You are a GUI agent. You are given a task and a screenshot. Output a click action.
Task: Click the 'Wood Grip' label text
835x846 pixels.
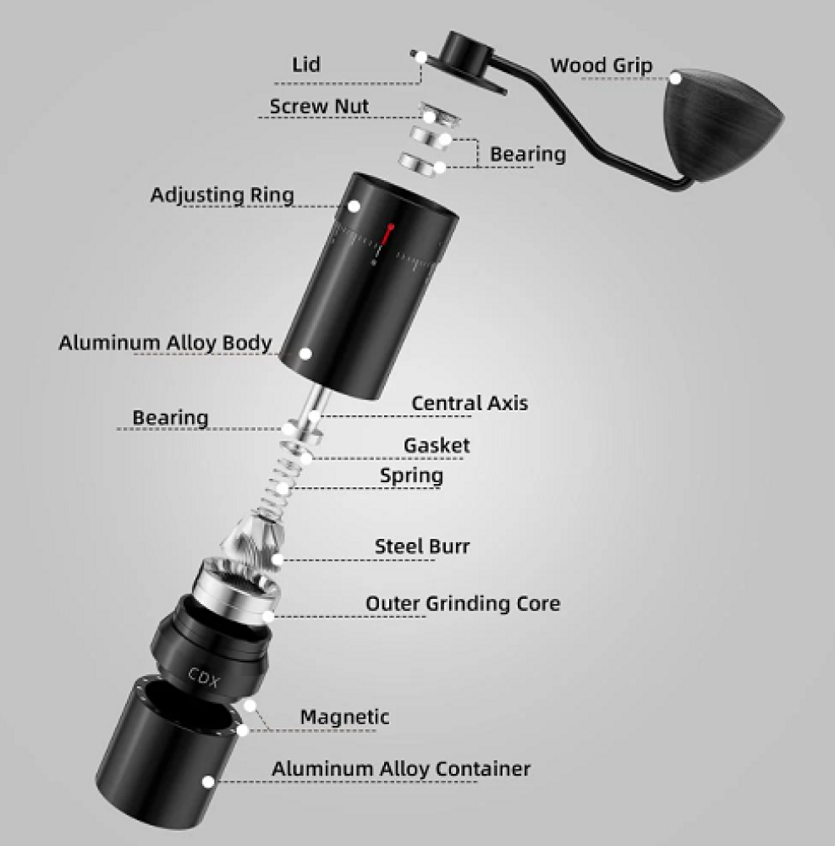coord(602,66)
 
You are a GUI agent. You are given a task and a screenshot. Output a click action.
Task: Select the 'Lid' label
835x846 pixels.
coord(306,64)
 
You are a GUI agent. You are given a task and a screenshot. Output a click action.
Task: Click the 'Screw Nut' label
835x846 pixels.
coord(319,107)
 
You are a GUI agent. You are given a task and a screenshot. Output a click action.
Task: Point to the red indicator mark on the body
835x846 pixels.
coord(389,233)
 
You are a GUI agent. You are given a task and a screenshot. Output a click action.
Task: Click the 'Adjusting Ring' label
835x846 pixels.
coord(222,195)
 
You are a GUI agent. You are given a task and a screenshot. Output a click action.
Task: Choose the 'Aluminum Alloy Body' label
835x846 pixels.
coord(165,343)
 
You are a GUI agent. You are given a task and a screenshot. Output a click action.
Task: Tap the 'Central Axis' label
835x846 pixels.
coord(470,403)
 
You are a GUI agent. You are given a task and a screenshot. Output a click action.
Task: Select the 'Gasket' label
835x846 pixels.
coord(437,445)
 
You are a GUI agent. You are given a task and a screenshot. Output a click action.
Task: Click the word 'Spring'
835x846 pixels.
coord(411,475)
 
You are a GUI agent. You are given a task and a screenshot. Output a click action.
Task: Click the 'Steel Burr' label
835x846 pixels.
coord(422,546)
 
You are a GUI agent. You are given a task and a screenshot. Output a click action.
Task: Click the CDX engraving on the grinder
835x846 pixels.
coord(204,678)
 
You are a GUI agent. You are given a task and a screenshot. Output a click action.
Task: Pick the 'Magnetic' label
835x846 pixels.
coord(344,717)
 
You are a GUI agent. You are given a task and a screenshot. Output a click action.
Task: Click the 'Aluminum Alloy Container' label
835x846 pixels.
coord(401,768)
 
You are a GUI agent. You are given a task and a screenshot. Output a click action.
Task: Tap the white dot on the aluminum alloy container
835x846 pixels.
coord(208,781)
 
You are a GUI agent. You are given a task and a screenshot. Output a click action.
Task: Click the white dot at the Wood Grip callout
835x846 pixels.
coord(675,78)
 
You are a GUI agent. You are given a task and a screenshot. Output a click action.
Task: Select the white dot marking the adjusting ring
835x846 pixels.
coord(354,206)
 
